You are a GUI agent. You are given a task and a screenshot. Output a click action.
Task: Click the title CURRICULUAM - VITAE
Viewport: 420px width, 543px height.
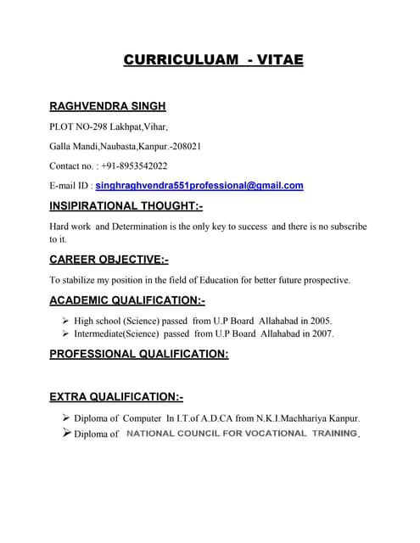point(213,60)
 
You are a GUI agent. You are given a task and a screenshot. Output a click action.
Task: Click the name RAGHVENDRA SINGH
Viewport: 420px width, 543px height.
point(107,106)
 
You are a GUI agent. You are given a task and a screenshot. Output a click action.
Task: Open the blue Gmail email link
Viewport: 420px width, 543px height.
point(199,185)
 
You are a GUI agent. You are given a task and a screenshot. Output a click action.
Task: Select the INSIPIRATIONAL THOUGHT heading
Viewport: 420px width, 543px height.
point(126,205)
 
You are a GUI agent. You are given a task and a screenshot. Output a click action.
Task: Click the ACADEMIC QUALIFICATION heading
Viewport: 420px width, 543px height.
point(127,300)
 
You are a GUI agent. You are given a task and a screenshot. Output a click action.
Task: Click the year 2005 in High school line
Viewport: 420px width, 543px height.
point(319,321)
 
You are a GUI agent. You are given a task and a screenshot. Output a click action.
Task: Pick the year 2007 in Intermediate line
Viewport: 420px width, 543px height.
point(322,334)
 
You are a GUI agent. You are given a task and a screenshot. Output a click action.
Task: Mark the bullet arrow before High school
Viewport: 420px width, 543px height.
point(66,321)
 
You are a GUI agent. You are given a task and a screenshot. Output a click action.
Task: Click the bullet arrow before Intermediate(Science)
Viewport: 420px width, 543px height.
point(66,334)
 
